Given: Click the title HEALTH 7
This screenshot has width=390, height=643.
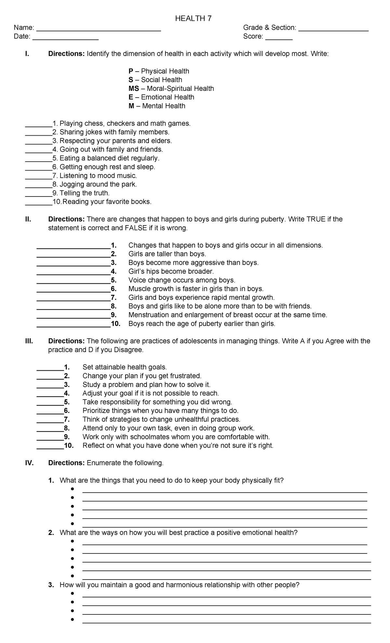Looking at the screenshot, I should [x=193, y=19].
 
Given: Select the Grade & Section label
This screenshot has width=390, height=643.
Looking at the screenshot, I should [x=269, y=28].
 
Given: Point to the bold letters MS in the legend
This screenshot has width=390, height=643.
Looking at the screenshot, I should [x=134, y=89].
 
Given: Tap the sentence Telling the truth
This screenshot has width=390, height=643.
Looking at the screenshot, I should [x=84, y=193].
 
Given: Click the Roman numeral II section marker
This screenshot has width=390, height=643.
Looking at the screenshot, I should [x=28, y=219].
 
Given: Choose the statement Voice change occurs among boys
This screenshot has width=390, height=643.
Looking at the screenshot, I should [x=182, y=280].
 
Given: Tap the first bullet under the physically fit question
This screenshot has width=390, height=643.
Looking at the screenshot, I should [x=72, y=489].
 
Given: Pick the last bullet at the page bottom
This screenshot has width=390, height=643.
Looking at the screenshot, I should [x=72, y=620].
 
